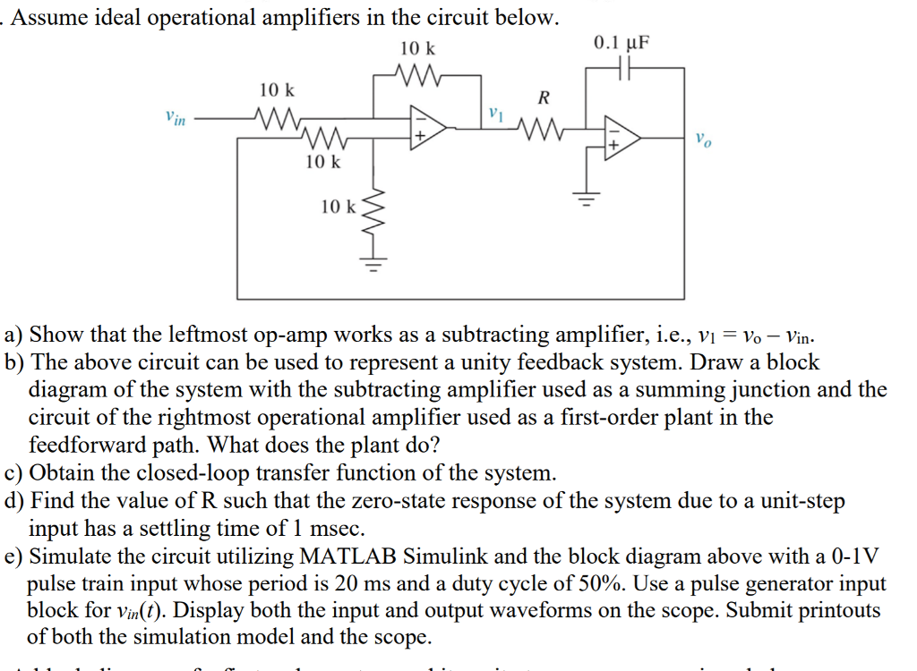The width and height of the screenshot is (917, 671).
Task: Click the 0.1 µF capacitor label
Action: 621,42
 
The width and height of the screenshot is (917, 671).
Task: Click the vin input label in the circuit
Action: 176,118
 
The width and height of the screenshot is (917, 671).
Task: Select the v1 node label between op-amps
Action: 498,115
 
